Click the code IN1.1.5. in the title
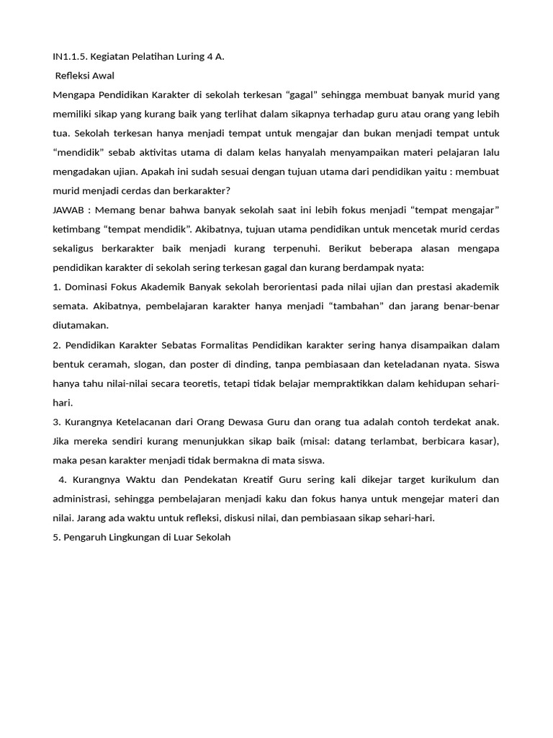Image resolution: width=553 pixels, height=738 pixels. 70,56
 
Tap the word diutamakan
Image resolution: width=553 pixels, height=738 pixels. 81,325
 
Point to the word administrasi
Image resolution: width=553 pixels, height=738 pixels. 84,499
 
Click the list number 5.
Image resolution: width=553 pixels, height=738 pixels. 56,537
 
